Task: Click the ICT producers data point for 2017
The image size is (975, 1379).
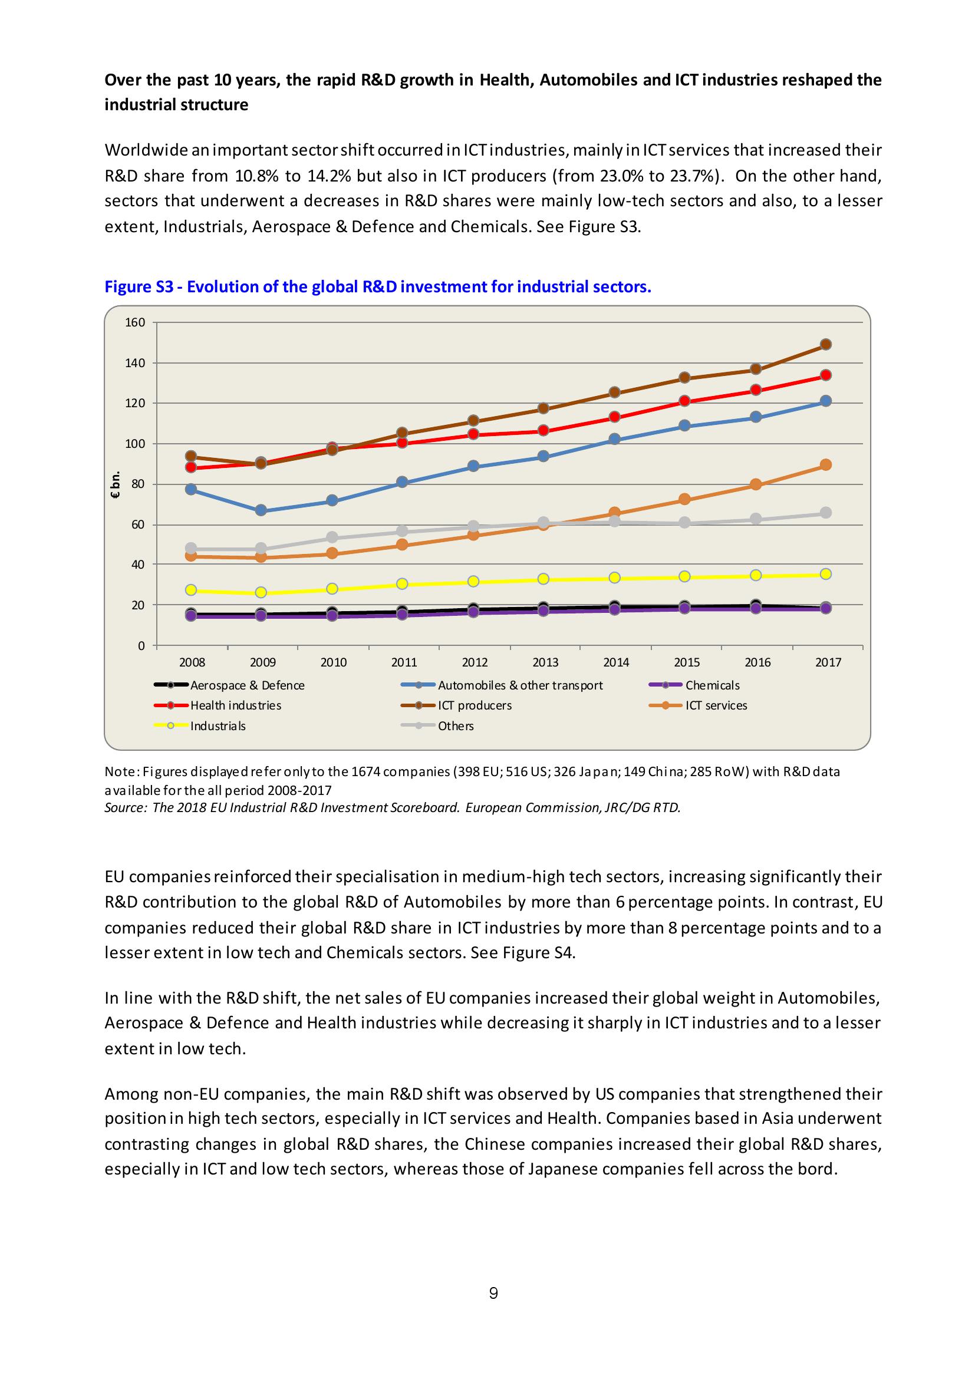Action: pos(825,344)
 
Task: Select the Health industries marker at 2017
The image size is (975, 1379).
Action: pos(825,375)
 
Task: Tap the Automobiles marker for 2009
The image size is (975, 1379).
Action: pos(261,510)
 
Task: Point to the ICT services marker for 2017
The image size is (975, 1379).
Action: pos(825,465)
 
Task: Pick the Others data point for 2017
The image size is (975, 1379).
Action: pos(825,512)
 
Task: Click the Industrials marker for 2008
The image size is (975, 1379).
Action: pos(191,590)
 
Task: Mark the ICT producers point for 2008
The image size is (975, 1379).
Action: pos(191,457)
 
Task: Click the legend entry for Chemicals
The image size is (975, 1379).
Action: pos(712,685)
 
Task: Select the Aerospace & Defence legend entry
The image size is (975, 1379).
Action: pos(247,685)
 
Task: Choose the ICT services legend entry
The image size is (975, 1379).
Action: pos(716,706)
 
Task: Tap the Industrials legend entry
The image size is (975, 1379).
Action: pos(218,726)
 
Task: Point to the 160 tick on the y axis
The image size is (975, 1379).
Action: pos(135,322)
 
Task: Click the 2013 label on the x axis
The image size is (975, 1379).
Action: pos(545,662)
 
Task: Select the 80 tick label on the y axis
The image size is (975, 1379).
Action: pos(137,484)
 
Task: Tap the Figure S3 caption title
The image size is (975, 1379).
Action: pos(377,286)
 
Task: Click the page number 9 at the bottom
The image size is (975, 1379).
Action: pos(493,1293)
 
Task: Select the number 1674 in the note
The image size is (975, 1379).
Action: pos(367,772)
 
